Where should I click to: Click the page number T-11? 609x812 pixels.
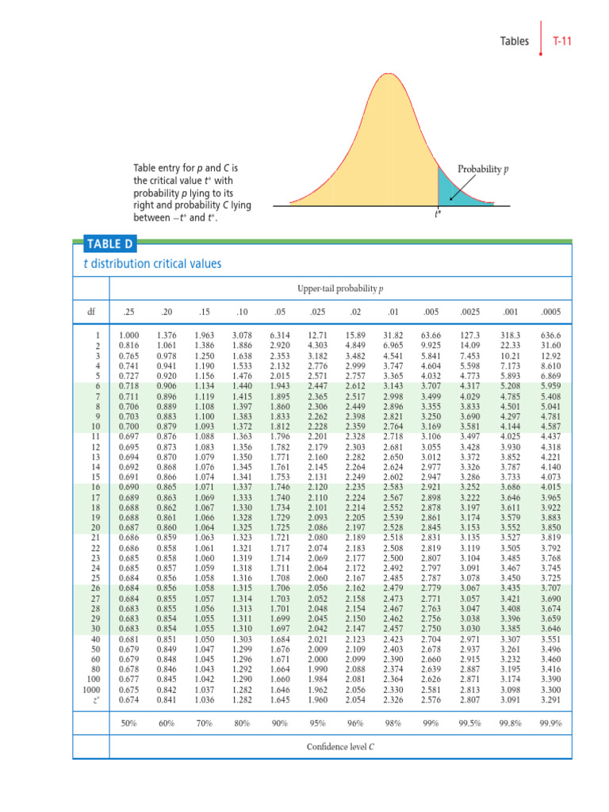562,41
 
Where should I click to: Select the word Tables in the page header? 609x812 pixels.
515,41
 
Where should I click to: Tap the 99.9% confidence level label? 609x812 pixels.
550,723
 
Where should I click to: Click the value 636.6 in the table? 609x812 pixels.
550,338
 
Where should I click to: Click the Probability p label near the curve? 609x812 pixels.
484,170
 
